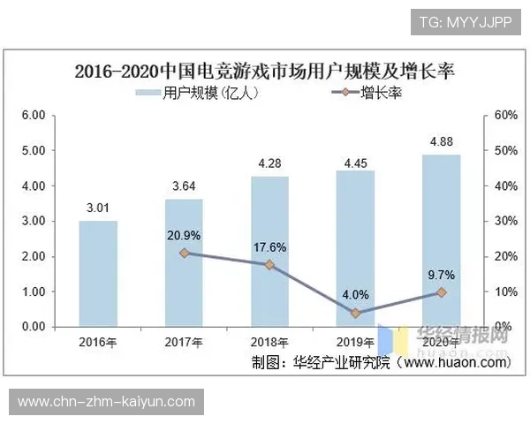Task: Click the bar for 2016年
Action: click(98, 274)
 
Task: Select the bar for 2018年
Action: click(270, 252)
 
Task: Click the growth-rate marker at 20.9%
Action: click(185, 253)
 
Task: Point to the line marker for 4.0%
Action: click(356, 313)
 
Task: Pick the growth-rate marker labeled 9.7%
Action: click(442, 292)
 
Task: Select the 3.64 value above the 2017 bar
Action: click(184, 185)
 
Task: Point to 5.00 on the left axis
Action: click(33, 151)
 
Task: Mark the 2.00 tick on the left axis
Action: click(33, 257)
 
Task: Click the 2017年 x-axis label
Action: click(184, 342)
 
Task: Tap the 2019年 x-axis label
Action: click(356, 342)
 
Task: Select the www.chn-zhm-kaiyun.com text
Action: click(106, 402)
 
